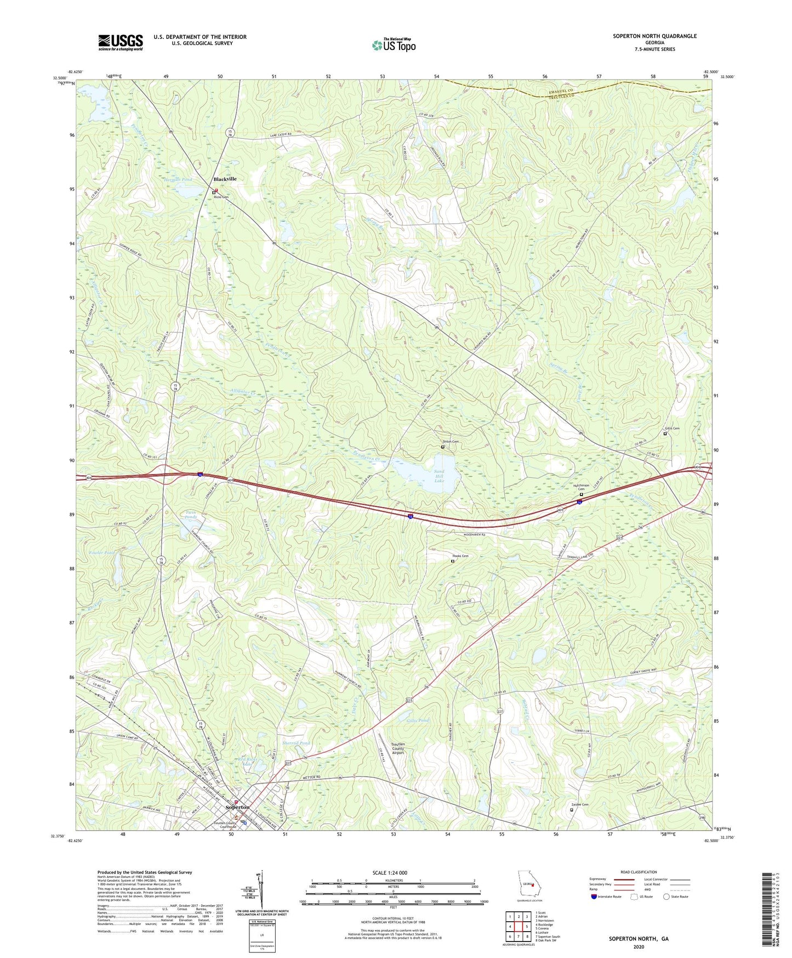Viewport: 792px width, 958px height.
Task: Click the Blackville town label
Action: (225, 179)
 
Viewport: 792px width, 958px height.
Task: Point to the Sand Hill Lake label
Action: (439, 476)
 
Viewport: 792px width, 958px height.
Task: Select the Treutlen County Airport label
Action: (398, 748)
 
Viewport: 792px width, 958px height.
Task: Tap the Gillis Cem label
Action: (672, 429)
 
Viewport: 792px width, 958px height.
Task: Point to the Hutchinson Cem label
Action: (580, 487)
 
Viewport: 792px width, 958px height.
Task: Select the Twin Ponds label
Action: (191, 515)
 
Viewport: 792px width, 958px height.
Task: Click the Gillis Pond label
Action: (418, 720)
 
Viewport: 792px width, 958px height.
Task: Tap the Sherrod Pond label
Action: (296, 743)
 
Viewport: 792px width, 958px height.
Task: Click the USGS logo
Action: (121, 42)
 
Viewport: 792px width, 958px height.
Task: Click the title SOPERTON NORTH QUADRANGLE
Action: (654, 36)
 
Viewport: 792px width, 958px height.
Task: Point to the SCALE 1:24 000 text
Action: (390, 872)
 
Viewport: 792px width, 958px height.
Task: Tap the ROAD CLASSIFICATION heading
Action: (639, 872)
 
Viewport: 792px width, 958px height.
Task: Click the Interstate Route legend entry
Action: (606, 897)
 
